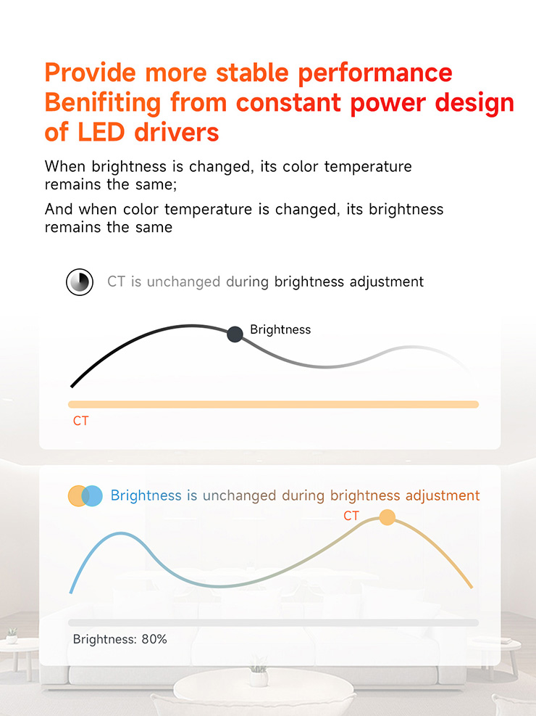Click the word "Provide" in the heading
(x=91, y=73)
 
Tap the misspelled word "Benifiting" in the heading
(x=103, y=103)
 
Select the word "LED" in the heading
(x=101, y=133)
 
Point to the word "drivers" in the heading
(x=177, y=133)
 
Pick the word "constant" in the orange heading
(x=288, y=103)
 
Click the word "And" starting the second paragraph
(x=59, y=209)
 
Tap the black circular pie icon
(x=80, y=282)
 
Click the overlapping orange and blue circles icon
(x=85, y=496)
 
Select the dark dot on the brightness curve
(x=235, y=334)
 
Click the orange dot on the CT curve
(x=387, y=517)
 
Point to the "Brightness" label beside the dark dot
(x=280, y=329)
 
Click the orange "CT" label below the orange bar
(x=80, y=421)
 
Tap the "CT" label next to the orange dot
(x=351, y=516)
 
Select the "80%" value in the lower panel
(x=154, y=639)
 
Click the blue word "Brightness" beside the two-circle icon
(x=146, y=496)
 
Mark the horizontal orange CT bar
(x=274, y=405)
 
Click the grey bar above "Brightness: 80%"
(x=274, y=623)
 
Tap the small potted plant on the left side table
(x=12, y=635)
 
